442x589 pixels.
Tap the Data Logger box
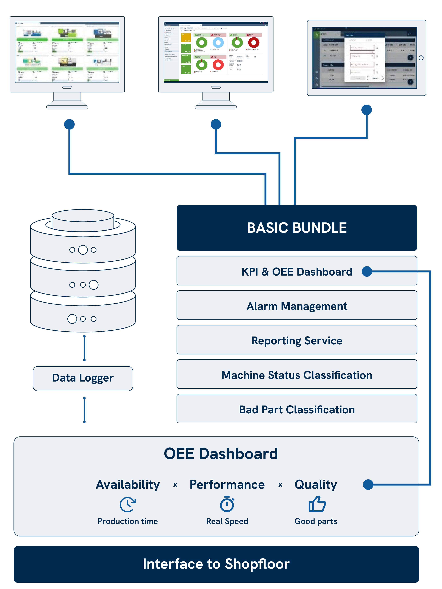click(x=83, y=378)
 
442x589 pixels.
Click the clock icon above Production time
click(x=128, y=504)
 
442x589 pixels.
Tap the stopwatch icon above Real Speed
click(x=227, y=504)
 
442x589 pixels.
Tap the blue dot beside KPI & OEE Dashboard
click(x=367, y=271)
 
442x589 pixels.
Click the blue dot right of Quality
click(x=368, y=484)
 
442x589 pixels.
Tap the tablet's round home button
click(x=421, y=58)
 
